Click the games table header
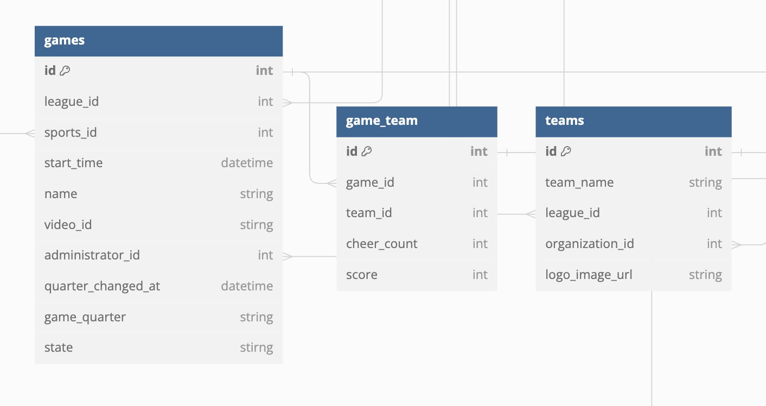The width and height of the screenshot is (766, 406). coord(65,41)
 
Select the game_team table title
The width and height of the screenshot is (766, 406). coord(382,120)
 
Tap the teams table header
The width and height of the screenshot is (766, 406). coord(565,120)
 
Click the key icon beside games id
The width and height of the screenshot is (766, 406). coord(65,71)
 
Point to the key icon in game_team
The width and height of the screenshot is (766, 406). coord(367,151)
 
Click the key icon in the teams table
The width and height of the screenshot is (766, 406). coord(566,151)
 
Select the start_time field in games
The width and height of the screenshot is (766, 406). coord(73,163)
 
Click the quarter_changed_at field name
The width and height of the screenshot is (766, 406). coord(102,286)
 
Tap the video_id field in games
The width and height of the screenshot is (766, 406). coord(68,225)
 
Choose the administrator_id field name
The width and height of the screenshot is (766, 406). coord(92,255)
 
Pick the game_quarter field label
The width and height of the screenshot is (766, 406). coord(85,317)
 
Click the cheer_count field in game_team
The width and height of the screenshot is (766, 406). coord(382,244)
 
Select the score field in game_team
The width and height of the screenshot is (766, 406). coord(362,275)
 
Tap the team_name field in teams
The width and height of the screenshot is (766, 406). coord(579,182)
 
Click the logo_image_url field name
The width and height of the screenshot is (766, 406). coord(589,275)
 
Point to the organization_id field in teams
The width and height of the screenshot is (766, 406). coord(590,244)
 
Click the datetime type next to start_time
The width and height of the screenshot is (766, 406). coord(247,163)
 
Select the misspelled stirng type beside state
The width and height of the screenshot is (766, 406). coord(257,347)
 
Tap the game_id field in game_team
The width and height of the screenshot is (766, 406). coord(370,182)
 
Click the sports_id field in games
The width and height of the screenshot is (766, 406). coord(71,132)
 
